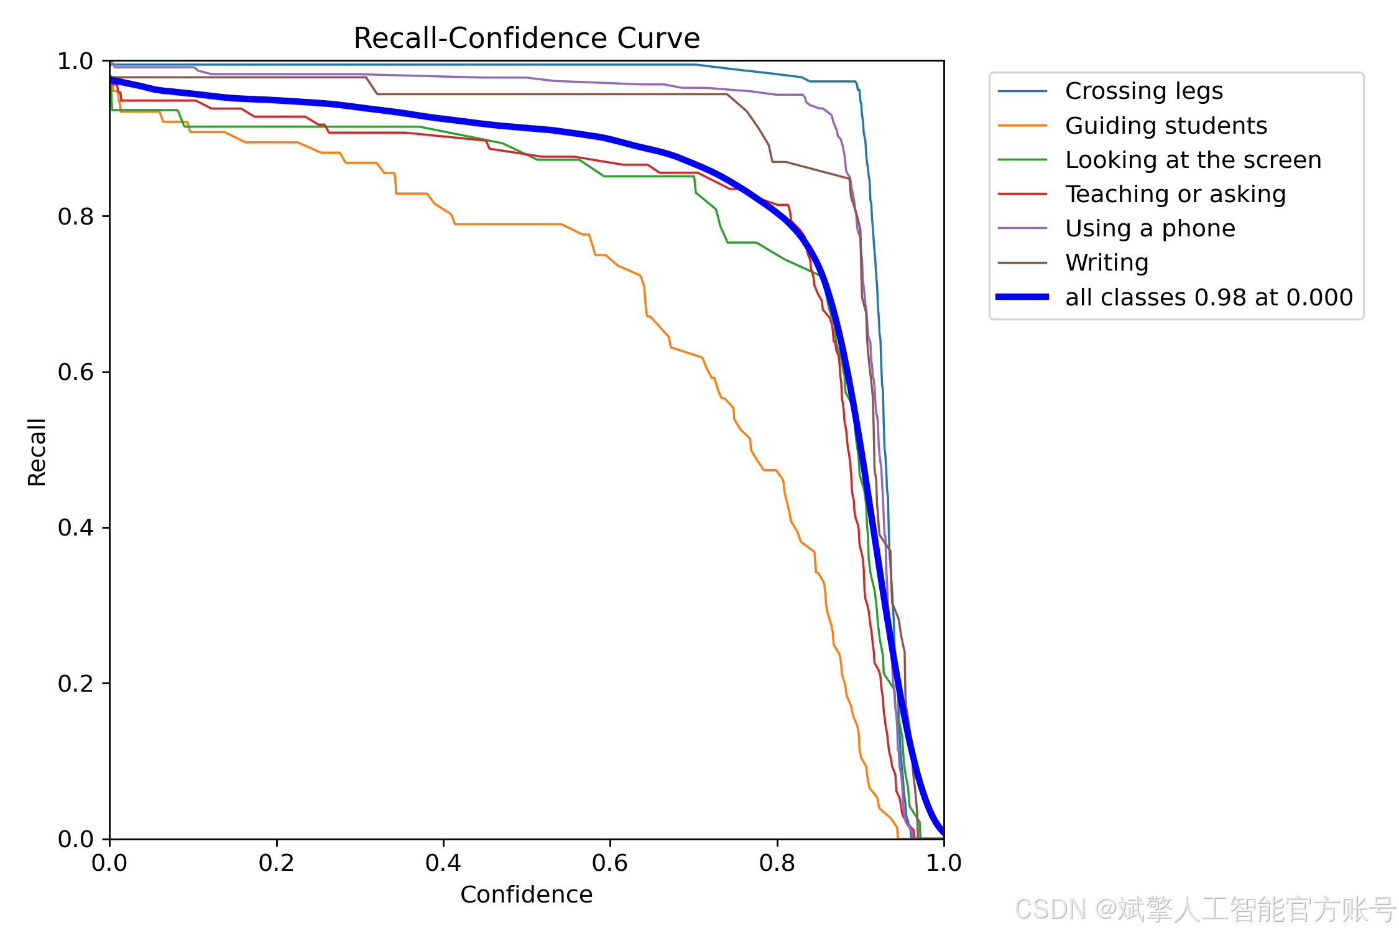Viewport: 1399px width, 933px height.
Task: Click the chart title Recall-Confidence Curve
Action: tap(527, 39)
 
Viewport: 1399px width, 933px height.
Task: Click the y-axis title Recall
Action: tap(37, 452)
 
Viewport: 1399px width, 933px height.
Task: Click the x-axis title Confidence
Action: tap(527, 894)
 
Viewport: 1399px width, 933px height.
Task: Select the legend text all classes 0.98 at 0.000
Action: tap(1209, 297)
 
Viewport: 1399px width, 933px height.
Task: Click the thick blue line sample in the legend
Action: tap(1022, 297)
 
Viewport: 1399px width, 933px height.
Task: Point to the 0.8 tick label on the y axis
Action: tap(75, 216)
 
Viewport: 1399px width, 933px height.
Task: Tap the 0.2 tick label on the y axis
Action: tap(75, 684)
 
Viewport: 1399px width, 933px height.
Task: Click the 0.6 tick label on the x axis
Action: tap(610, 863)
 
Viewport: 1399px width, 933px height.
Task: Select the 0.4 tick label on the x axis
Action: tap(443, 863)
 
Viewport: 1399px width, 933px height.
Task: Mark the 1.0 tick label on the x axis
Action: tap(944, 863)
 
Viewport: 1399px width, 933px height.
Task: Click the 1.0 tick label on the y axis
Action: tap(75, 61)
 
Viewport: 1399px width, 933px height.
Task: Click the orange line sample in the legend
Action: tap(1022, 126)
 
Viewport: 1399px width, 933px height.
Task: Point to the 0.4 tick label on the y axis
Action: tap(75, 527)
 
